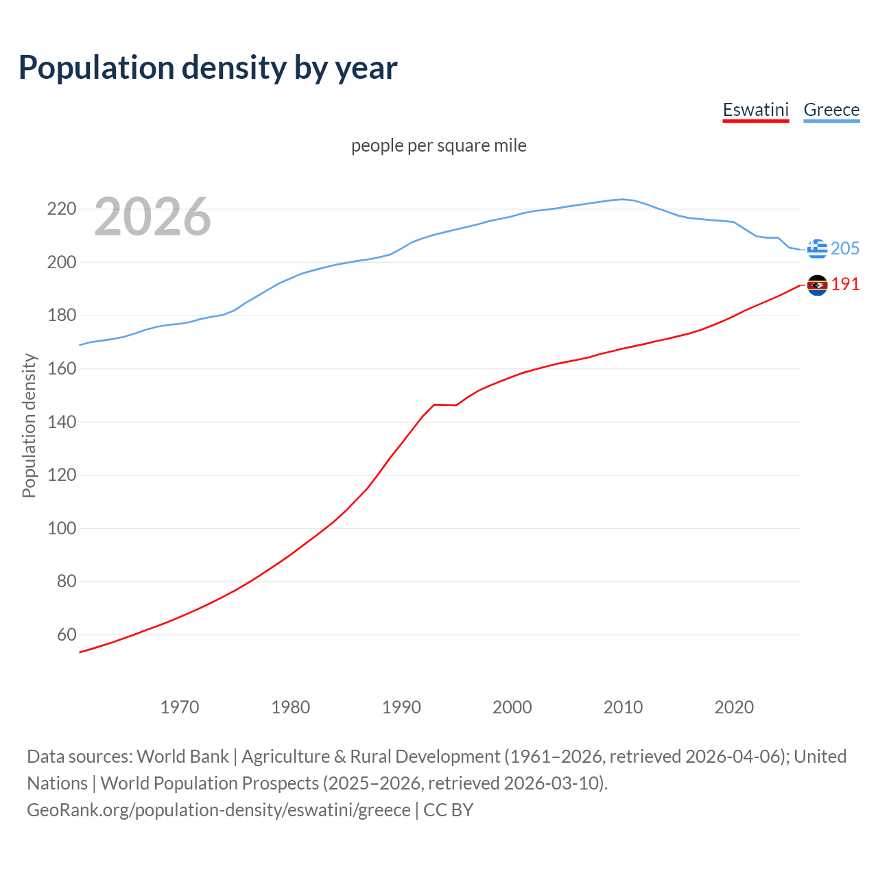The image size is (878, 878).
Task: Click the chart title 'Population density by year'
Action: pyautogui.click(x=208, y=68)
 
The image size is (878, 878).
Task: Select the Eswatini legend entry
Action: pyautogui.click(x=756, y=110)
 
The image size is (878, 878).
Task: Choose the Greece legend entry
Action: pyautogui.click(x=831, y=110)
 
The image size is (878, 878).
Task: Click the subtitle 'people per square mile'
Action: pyautogui.click(x=439, y=146)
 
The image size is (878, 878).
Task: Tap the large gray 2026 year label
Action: pyautogui.click(x=152, y=217)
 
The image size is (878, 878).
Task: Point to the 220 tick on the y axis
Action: pyautogui.click(x=61, y=209)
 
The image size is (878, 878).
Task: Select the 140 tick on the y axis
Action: pyautogui.click(x=61, y=422)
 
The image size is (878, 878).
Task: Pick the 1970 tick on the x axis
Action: pyautogui.click(x=180, y=707)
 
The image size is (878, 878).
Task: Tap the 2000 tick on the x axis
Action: pyautogui.click(x=512, y=707)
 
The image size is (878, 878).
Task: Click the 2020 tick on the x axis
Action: pyautogui.click(x=734, y=707)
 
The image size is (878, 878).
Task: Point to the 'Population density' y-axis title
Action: pyautogui.click(x=29, y=425)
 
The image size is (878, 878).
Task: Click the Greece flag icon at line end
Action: pyautogui.click(x=817, y=249)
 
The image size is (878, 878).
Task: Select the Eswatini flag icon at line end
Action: pyautogui.click(x=817, y=285)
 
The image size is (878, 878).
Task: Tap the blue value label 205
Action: pyautogui.click(x=845, y=248)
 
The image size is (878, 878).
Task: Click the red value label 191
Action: pyautogui.click(x=845, y=284)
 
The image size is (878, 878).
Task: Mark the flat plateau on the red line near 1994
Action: pyautogui.click(x=445, y=405)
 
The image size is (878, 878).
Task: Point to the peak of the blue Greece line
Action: pyautogui.click(x=622, y=200)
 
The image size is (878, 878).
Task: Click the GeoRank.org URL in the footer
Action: pyautogui.click(x=219, y=810)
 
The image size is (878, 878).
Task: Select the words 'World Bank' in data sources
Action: pyautogui.click(x=182, y=757)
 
